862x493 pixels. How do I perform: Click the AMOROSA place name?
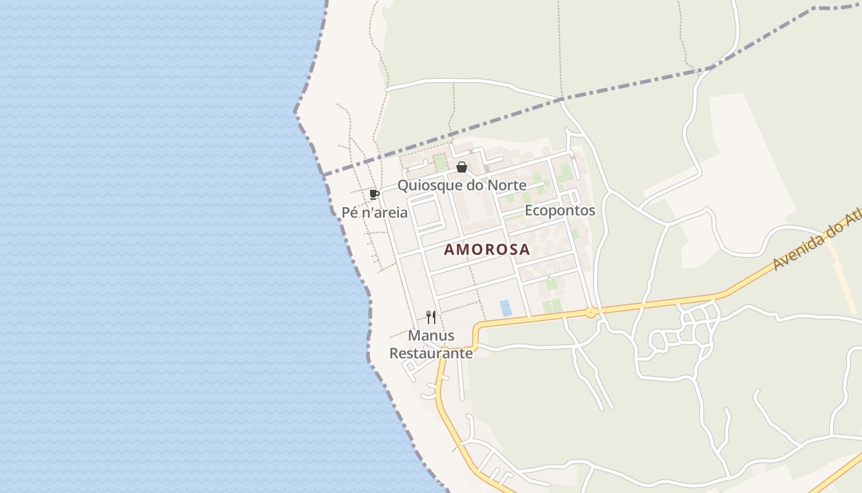pos(486,250)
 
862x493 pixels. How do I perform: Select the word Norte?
pos(507,185)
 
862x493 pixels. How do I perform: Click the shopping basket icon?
pos(461,167)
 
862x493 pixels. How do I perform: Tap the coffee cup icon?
pos(374,195)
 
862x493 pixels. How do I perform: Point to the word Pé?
pos(350,213)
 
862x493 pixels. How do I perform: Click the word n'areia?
pos(384,213)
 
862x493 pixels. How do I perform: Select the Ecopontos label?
pos(560,211)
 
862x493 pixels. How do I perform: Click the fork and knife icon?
pos(431,317)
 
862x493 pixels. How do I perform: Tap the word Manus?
pos(431,336)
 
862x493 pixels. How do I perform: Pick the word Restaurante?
pos(431,353)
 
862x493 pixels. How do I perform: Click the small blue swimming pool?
pos(506,308)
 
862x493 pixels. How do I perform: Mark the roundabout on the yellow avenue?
pos(591,312)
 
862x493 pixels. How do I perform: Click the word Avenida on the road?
pos(797,252)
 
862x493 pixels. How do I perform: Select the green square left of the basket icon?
pos(440,163)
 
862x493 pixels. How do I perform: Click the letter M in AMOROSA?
pos(466,250)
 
